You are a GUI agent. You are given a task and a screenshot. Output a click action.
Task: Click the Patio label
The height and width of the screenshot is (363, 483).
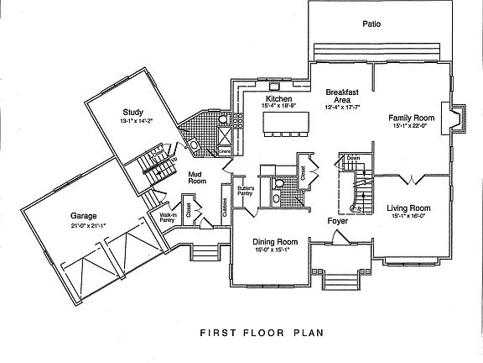pyautogui.click(x=371, y=24)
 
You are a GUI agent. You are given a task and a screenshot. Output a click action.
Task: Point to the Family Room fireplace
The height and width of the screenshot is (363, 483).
pyautogui.click(x=456, y=118)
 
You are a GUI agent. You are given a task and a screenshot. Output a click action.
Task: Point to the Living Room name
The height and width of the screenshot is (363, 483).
pyautogui.click(x=408, y=208)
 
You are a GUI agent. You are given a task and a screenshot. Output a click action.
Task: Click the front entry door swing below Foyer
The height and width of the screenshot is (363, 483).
pyautogui.click(x=338, y=236)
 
